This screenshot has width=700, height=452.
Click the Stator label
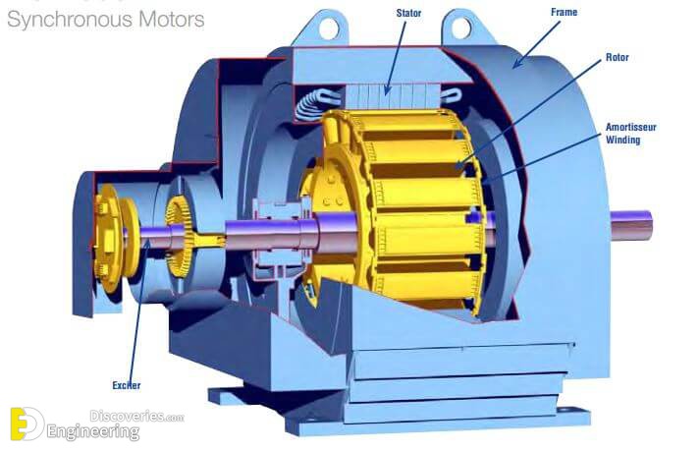click(408, 13)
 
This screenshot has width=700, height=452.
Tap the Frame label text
click(564, 12)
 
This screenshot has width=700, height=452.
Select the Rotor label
click(617, 57)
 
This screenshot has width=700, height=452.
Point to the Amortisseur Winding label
click(630, 133)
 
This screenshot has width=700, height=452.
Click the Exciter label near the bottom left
click(127, 385)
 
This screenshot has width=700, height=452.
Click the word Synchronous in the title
click(70, 20)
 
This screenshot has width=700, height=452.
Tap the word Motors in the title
click(172, 20)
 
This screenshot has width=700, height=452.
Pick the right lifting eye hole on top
click(460, 28)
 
